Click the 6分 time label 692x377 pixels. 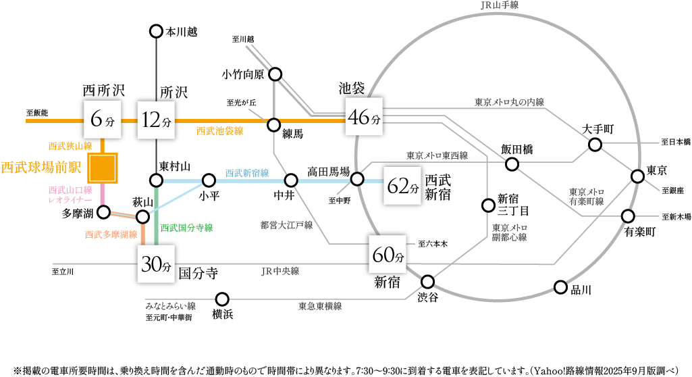point(103,120)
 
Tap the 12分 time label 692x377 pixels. point(157,120)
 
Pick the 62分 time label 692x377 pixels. point(403,186)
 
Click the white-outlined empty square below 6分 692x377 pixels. point(103,168)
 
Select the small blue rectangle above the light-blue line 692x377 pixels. point(249,174)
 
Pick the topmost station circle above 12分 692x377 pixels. point(157,31)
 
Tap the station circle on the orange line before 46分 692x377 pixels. point(273,125)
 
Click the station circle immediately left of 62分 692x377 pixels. point(357,180)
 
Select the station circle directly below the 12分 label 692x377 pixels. point(157,180)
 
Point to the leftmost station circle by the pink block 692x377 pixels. point(103,213)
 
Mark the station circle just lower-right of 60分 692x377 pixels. point(427,282)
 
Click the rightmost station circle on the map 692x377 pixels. point(638,176)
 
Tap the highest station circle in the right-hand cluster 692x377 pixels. point(595,145)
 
